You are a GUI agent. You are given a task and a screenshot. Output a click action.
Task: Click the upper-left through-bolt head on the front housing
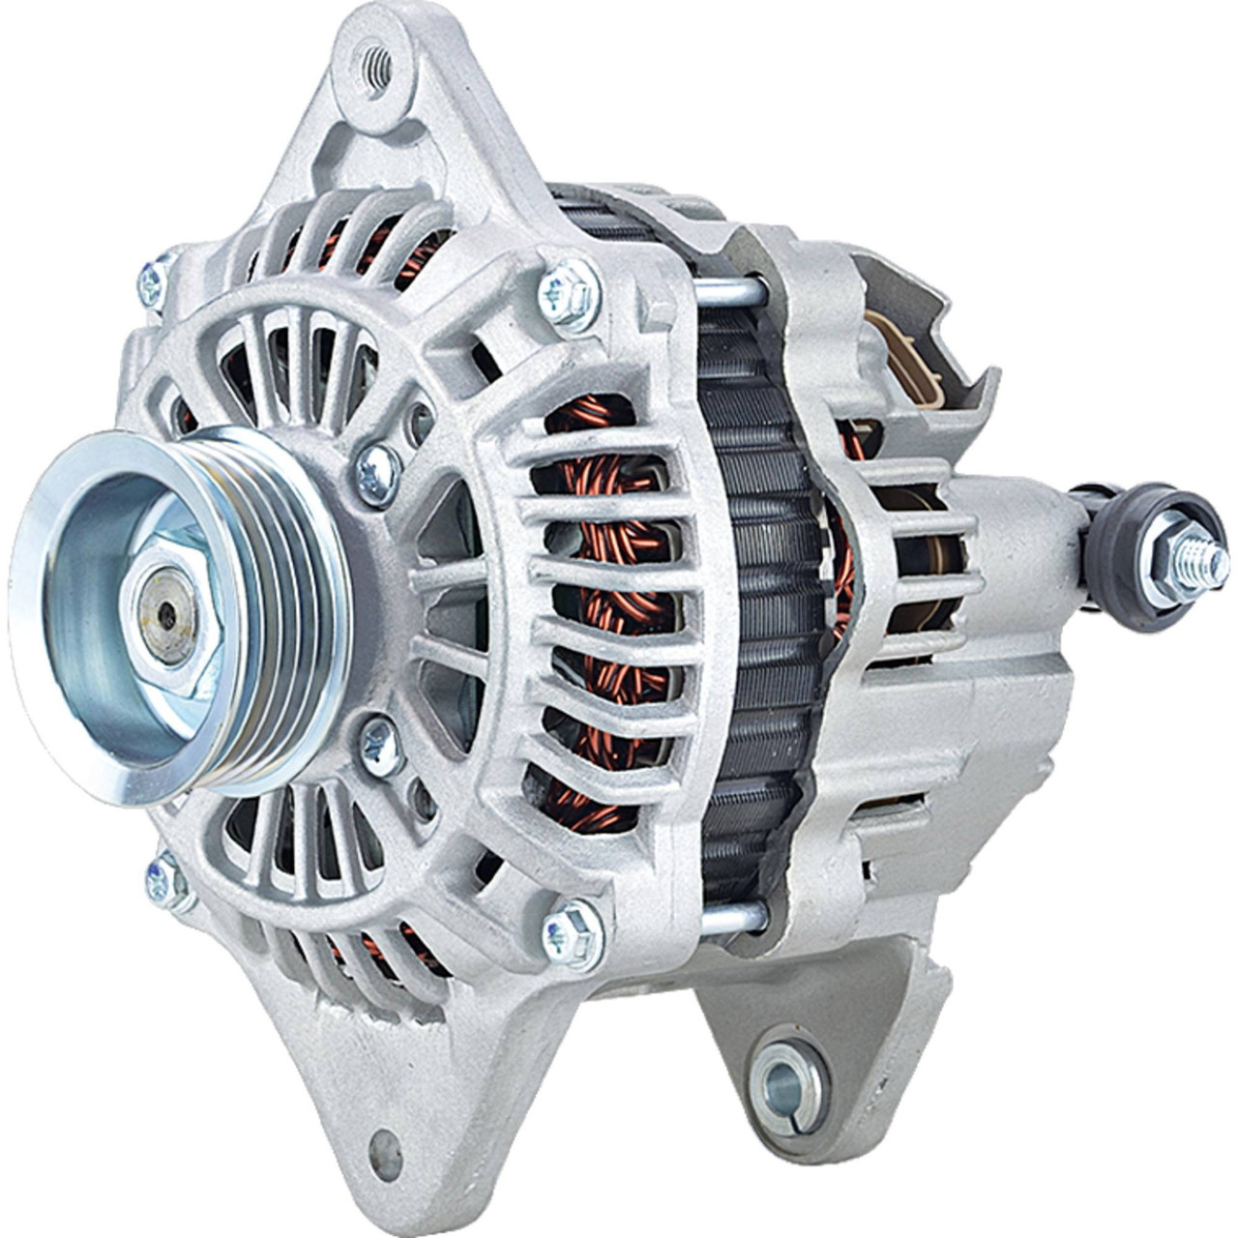pos(152,278)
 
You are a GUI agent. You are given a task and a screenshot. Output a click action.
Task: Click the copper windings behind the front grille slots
pos(580,600)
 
